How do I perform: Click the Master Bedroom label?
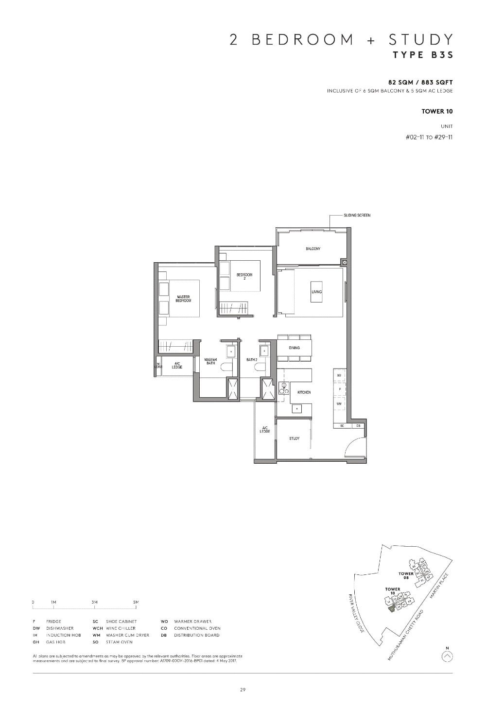coord(183,299)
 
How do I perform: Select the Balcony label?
coord(313,249)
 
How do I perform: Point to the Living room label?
coord(316,292)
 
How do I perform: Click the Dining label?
coord(294,348)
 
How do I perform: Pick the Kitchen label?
coord(304,392)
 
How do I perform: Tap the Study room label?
coord(294,438)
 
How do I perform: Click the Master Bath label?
coord(210,361)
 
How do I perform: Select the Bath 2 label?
coord(251,360)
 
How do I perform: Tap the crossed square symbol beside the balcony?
coord(345,262)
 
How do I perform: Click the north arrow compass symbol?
coord(448,656)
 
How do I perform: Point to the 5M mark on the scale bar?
coord(136,602)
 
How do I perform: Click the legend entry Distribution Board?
coord(196,635)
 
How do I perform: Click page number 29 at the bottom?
coord(243,690)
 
